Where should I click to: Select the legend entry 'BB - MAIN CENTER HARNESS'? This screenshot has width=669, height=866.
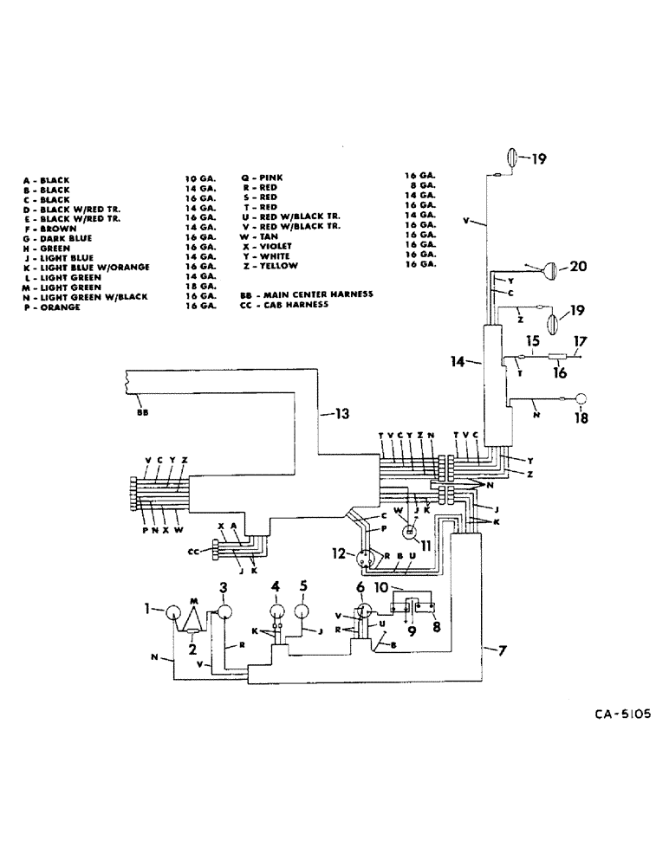click(306, 295)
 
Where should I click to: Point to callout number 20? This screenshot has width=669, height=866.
click(577, 267)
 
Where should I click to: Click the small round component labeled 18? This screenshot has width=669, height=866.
click(581, 398)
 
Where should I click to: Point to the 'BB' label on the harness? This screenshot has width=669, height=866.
click(142, 413)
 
